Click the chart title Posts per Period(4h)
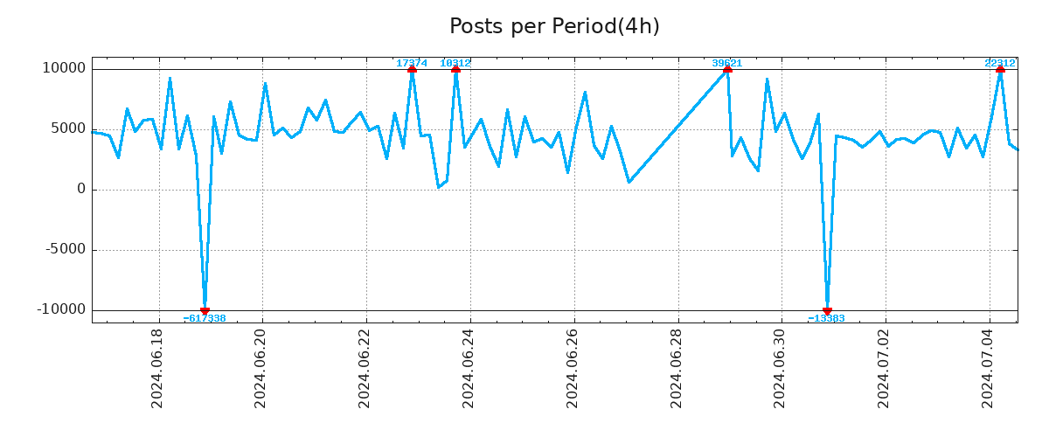tap(554, 27)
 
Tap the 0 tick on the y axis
tap(80, 190)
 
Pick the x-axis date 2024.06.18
tap(158, 368)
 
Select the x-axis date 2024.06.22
tap(365, 368)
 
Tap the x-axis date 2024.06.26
tap(573, 368)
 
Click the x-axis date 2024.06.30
tap(781, 368)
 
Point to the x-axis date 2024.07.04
tap(989, 368)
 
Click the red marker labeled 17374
tap(412, 69)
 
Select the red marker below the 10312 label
tap(455, 69)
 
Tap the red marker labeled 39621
tap(727, 69)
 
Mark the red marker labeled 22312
tap(1000, 69)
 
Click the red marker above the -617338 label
tap(205, 310)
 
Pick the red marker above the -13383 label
tap(827, 310)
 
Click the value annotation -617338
tap(205, 319)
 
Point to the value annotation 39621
tap(727, 63)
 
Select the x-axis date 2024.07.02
tap(885, 368)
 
